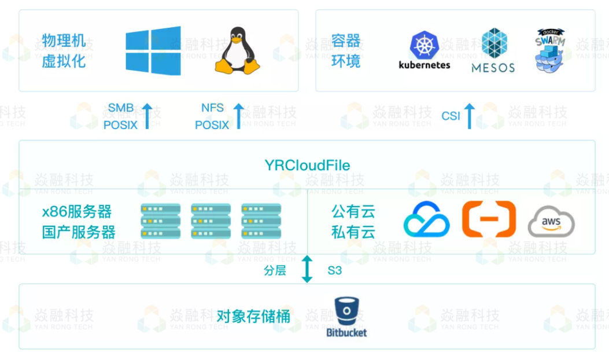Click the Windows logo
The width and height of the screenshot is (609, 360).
click(x=153, y=50)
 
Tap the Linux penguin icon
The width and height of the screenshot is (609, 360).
click(x=237, y=50)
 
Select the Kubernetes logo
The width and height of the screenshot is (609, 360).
click(x=425, y=51)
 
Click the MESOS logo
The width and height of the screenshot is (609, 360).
click(x=493, y=50)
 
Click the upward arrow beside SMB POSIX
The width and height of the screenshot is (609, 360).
click(x=147, y=115)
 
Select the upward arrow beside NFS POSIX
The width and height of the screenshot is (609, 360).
click(x=238, y=115)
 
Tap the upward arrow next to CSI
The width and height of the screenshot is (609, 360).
click(x=469, y=115)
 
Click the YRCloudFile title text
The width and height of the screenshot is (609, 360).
click(x=307, y=166)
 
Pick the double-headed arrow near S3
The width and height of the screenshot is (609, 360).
click(x=307, y=269)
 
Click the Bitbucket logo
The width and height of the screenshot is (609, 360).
click(x=346, y=317)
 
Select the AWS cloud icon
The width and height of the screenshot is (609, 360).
click(x=551, y=223)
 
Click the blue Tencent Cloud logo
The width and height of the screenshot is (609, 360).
click(x=426, y=220)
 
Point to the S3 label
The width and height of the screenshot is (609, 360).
click(x=335, y=270)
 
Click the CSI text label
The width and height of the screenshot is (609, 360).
click(x=451, y=116)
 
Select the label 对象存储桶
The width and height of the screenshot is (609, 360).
click(x=253, y=317)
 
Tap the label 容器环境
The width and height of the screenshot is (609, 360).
click(x=346, y=50)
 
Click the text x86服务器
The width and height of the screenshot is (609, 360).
click(x=77, y=211)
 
